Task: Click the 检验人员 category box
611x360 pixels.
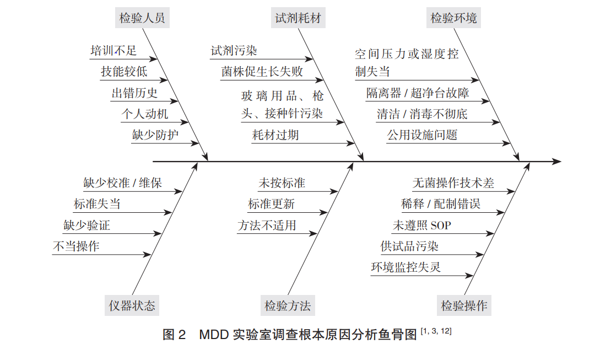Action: click(x=142, y=18)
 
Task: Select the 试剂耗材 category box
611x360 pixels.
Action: click(x=298, y=18)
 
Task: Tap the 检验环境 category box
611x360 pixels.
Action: click(x=453, y=18)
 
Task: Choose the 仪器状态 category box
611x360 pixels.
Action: click(x=132, y=305)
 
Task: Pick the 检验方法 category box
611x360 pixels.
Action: click(x=288, y=305)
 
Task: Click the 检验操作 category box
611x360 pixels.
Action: click(x=464, y=305)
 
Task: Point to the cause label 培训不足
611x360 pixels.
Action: click(x=113, y=51)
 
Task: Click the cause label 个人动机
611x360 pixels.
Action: click(x=145, y=114)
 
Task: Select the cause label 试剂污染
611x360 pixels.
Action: click(x=234, y=51)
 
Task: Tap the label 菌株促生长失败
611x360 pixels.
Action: click(x=262, y=72)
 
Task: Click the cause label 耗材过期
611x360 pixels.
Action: click(x=275, y=135)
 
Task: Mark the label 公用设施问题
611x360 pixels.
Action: click(x=422, y=135)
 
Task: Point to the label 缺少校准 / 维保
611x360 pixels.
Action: click(x=122, y=183)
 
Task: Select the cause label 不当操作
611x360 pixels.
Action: click(x=76, y=246)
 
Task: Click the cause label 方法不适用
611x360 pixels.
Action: click(x=267, y=225)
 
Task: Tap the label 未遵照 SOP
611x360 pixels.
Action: click(x=421, y=225)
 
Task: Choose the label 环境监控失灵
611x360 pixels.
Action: click(x=405, y=267)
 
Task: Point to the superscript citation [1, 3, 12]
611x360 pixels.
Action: click(x=436, y=331)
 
